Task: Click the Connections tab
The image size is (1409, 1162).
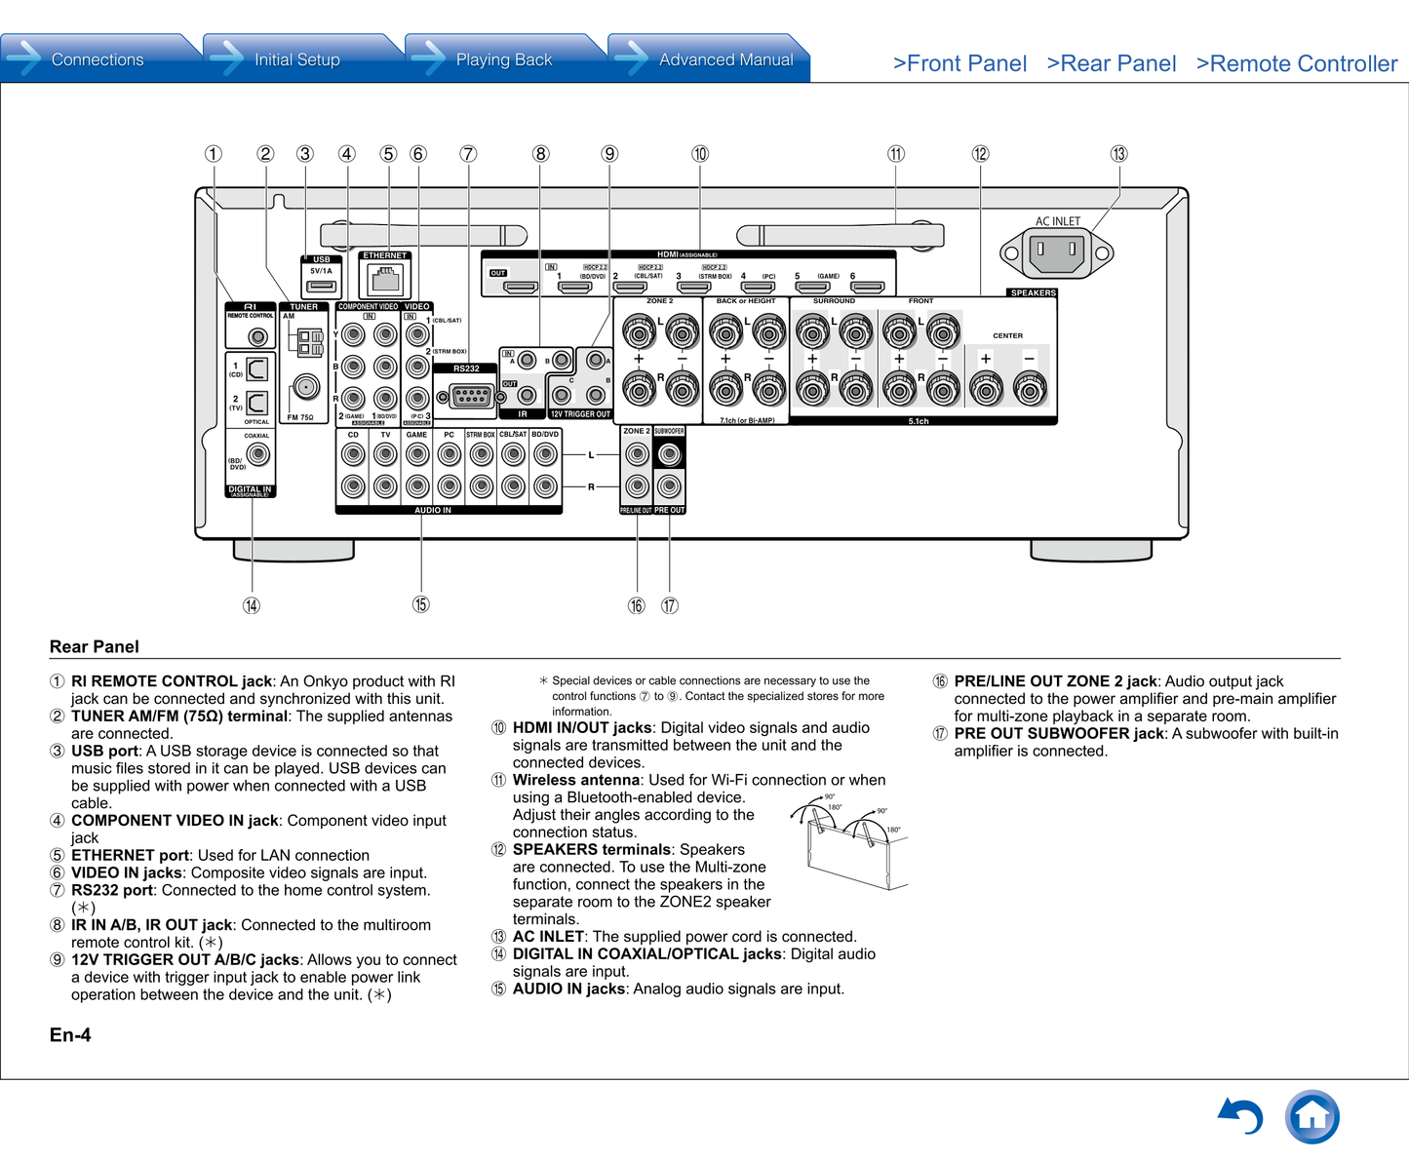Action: tap(97, 59)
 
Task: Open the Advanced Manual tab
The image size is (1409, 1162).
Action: tap(724, 59)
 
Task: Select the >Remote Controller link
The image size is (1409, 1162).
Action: tap(1296, 64)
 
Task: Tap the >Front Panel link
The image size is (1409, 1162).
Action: tap(959, 64)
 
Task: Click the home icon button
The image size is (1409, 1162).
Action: tap(1311, 1116)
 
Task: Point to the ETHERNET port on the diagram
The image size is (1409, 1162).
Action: tap(385, 280)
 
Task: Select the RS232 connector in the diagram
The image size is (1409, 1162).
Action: tap(470, 396)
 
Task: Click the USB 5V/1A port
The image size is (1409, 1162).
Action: tap(321, 286)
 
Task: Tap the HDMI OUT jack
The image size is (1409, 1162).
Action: tap(520, 288)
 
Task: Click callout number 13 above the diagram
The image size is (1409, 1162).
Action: tap(1118, 154)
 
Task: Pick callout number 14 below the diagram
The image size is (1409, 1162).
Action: tap(252, 605)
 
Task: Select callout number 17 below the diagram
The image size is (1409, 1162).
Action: tap(670, 605)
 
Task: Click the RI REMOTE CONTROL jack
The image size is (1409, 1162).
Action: tap(257, 337)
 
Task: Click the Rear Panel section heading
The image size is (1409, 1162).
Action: tap(95, 647)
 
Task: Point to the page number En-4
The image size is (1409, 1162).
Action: tap(70, 1035)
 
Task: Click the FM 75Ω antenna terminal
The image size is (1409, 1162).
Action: tap(306, 387)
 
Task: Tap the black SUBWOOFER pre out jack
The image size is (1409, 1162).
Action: tap(669, 454)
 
